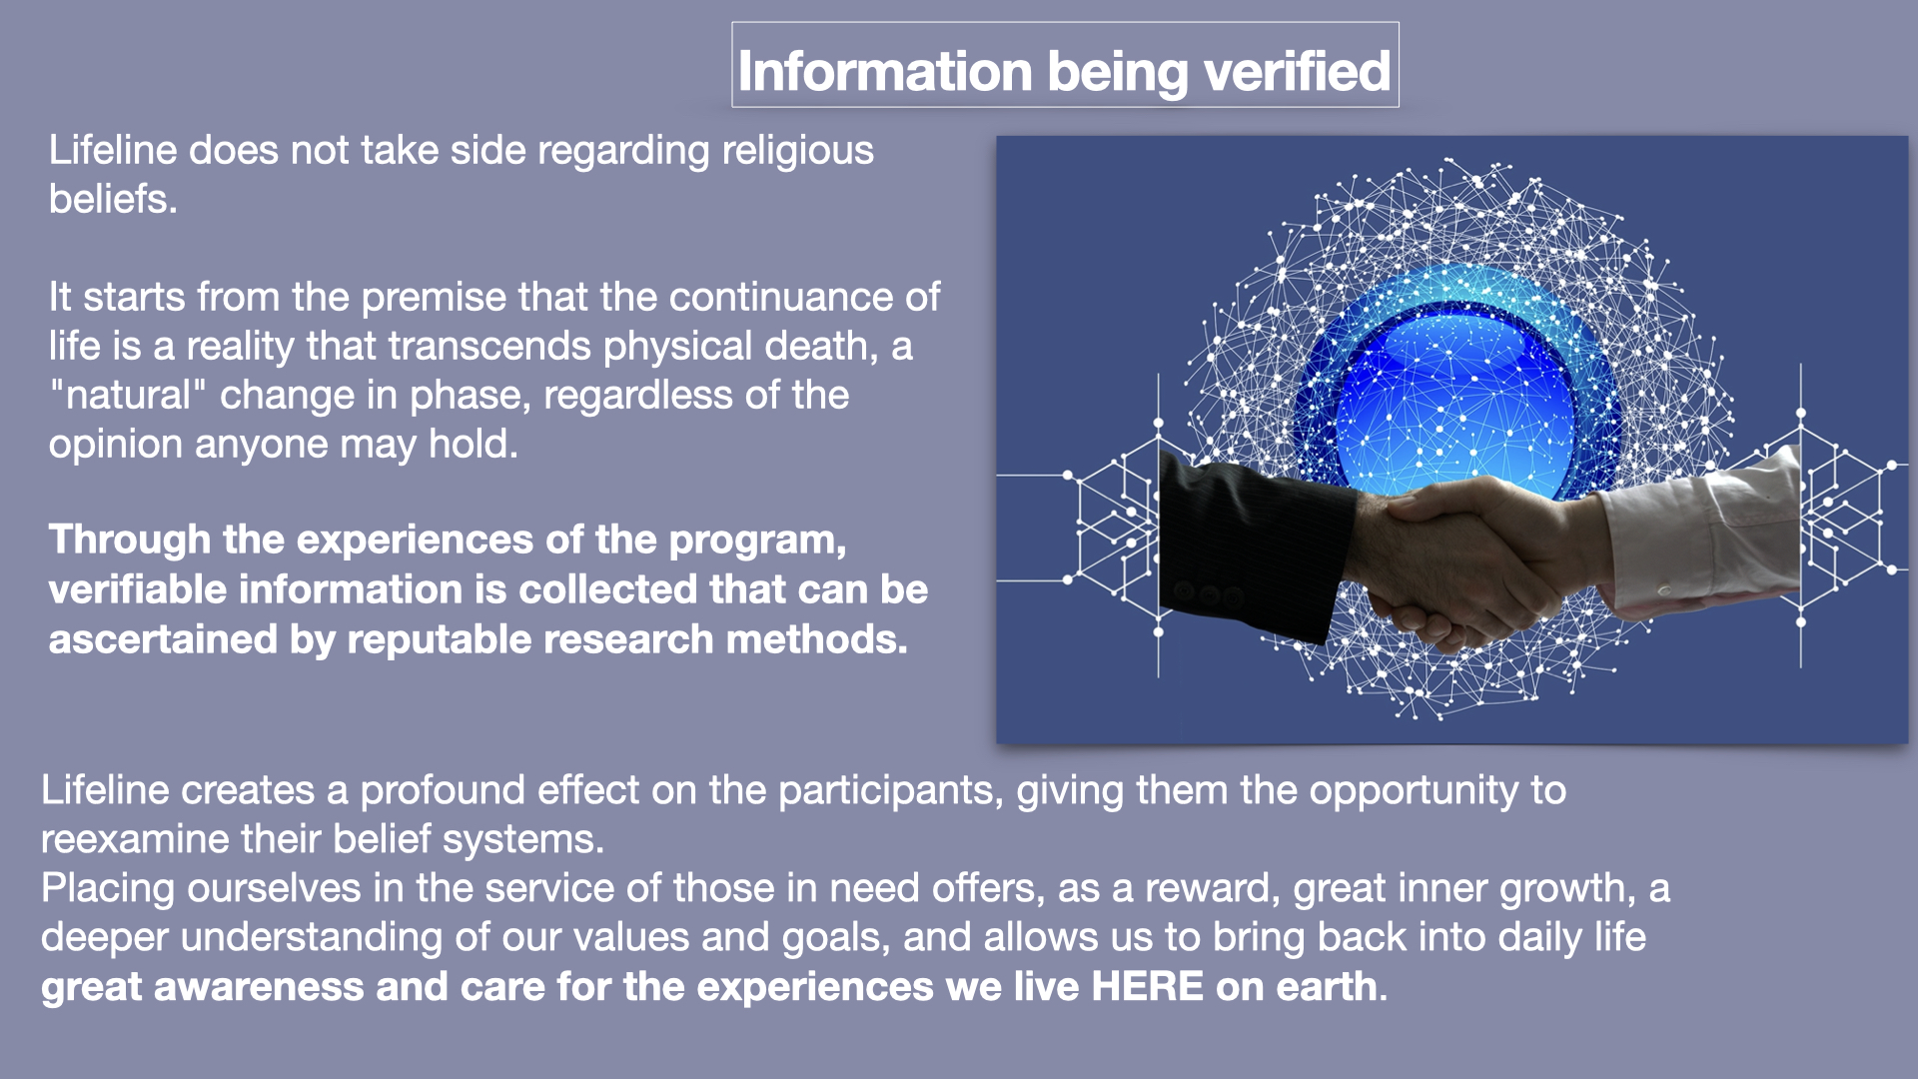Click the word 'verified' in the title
pyautogui.click(x=1297, y=71)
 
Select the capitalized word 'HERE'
pyautogui.click(x=1147, y=987)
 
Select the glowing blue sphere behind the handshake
pyautogui.click(x=1455, y=400)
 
